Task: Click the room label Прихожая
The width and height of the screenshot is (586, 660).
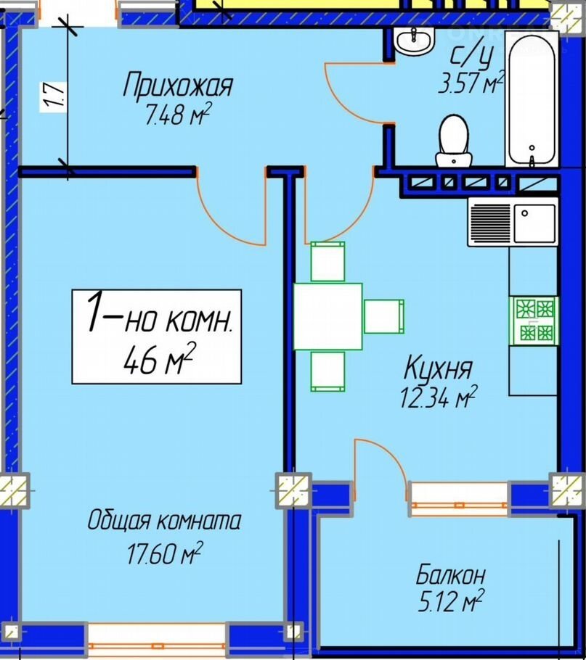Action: point(178,86)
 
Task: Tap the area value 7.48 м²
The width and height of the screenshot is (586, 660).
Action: point(178,114)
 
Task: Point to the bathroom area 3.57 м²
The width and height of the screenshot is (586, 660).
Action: point(471,82)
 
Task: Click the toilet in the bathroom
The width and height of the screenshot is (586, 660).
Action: point(454,141)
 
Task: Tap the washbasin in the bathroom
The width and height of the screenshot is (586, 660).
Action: point(415,41)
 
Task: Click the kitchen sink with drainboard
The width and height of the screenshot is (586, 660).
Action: point(513,222)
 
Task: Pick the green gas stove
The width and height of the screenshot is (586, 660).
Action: point(534,321)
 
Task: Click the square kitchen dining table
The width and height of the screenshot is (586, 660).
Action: point(327,316)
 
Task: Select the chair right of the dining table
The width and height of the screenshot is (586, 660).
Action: point(384,316)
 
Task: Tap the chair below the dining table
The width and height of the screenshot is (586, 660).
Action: point(327,371)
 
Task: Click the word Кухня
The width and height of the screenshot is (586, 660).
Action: point(438,368)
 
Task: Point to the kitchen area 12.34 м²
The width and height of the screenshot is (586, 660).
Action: point(438,397)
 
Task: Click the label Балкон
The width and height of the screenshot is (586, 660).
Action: point(450,575)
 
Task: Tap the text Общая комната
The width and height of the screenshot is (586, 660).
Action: point(164,521)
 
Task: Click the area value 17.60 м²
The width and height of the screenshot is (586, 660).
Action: point(165,553)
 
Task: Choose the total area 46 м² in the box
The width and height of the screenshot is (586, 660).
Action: point(160,358)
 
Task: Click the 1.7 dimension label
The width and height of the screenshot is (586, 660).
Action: point(54,97)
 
